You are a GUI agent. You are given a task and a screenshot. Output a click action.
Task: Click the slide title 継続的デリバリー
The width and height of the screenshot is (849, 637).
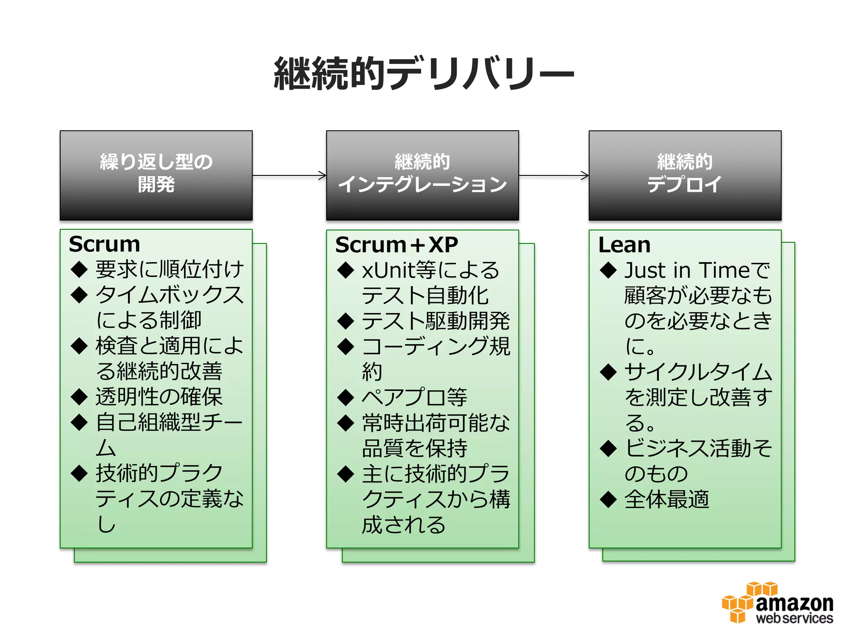(x=424, y=74)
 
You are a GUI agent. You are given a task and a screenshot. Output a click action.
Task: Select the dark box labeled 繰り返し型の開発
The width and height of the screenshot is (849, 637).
(x=156, y=175)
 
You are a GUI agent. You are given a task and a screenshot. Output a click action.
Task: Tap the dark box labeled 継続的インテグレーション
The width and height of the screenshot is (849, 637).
(x=422, y=175)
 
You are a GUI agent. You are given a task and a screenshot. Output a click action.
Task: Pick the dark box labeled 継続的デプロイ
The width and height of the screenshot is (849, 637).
(x=685, y=175)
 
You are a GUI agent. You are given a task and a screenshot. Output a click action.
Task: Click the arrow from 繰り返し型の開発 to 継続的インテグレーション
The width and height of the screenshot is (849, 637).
(x=289, y=175)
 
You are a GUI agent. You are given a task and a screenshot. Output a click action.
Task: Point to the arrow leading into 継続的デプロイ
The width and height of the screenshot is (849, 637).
(x=553, y=175)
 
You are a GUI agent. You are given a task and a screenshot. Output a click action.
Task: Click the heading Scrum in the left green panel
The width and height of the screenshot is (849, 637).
(x=104, y=244)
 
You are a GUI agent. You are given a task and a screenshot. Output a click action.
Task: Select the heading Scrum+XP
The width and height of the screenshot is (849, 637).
(x=396, y=245)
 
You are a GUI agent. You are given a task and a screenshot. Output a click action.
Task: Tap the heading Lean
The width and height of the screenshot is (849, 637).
(x=624, y=245)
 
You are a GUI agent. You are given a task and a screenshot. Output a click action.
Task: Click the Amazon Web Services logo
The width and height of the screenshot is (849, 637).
(x=778, y=603)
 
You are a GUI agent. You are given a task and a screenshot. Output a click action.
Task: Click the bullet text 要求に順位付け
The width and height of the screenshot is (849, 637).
(x=169, y=270)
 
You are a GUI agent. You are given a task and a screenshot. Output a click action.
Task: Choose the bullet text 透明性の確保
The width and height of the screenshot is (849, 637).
(x=159, y=397)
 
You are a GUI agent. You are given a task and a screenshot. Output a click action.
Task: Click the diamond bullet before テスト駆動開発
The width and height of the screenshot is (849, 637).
(x=345, y=321)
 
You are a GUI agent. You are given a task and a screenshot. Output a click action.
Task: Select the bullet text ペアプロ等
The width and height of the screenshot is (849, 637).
(x=415, y=397)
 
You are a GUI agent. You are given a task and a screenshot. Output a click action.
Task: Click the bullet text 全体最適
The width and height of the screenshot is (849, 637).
(x=667, y=499)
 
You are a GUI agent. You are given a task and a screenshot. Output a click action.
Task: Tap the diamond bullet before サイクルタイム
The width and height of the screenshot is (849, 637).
(x=608, y=372)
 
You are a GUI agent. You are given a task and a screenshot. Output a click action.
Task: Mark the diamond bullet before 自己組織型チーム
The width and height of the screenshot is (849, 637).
(x=79, y=423)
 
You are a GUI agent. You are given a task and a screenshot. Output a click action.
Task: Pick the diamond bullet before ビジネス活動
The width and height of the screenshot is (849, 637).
(x=608, y=448)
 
